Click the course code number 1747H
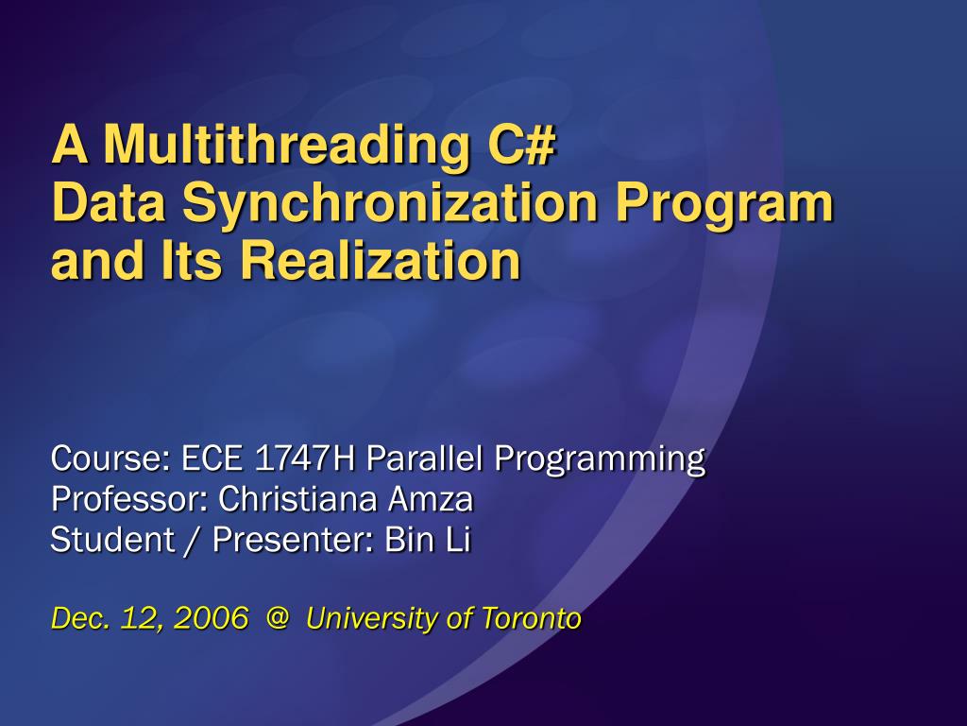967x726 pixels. [x=307, y=458]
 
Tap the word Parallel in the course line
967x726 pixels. [x=425, y=458]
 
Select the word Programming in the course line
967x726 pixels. [x=600, y=458]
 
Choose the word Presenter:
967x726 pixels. [x=294, y=540]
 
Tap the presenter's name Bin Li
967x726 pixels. [x=428, y=540]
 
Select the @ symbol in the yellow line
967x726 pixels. [x=277, y=619]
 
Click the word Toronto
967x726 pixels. [x=532, y=619]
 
